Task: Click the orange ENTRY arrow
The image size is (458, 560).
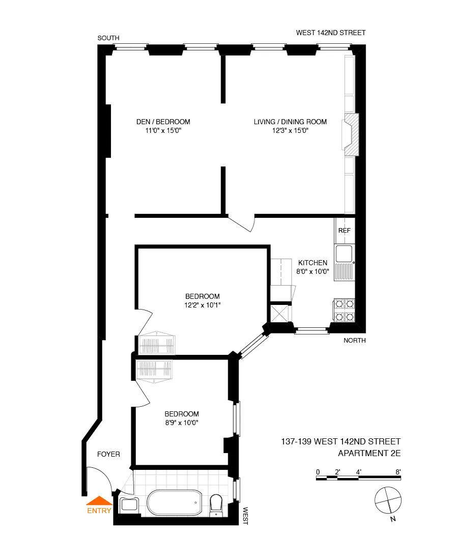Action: (99, 501)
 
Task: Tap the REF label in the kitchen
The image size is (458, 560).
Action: (345, 231)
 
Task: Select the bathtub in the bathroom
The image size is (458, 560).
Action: (174, 503)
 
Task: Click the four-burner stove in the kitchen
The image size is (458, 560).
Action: (344, 311)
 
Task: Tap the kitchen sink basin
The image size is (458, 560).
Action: (342, 253)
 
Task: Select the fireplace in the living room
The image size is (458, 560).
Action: (351, 134)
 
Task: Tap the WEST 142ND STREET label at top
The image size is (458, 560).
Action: (331, 33)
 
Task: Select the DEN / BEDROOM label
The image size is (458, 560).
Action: (163, 122)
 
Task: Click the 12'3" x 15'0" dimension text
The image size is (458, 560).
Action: (290, 131)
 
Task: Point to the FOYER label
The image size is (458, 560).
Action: (109, 454)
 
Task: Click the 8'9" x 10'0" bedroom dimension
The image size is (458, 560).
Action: (181, 423)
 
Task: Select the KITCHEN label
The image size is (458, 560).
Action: (312, 263)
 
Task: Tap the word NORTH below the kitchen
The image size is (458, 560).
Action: (355, 341)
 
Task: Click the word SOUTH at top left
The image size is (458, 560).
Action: (108, 38)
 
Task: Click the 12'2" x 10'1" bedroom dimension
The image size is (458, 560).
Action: (202, 305)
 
